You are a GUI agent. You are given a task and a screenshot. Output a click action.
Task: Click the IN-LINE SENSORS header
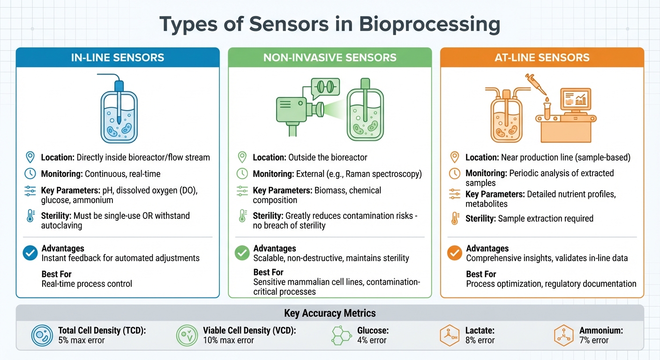tap(118, 58)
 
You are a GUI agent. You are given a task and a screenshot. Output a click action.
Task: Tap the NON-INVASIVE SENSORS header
tap(330, 58)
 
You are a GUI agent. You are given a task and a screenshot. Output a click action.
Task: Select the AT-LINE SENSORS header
tap(542, 58)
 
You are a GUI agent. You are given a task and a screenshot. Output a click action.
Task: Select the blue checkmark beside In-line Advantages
tap(30, 253)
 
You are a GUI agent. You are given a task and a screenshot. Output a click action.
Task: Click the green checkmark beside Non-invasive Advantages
tap(242, 253)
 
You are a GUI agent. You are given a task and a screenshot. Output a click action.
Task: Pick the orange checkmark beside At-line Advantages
tap(454, 253)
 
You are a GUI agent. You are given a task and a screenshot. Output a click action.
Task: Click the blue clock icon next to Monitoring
tap(30, 173)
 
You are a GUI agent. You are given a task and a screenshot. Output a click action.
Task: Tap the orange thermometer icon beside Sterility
tap(454, 218)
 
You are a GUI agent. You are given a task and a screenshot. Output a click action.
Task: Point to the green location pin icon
tap(242, 157)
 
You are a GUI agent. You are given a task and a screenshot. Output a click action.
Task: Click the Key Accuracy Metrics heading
tap(330, 313)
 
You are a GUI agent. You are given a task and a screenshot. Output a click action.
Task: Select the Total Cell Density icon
tap(42, 336)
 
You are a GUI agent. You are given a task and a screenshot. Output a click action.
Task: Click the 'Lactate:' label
tap(480, 330)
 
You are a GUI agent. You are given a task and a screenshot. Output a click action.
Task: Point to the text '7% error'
tap(594, 340)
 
